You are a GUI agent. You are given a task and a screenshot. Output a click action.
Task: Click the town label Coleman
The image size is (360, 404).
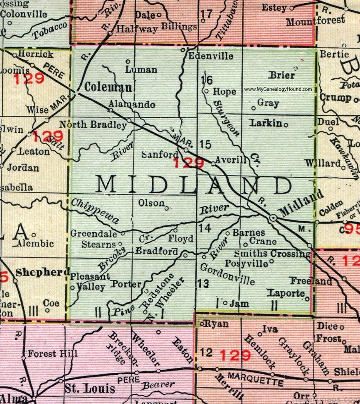[109, 87]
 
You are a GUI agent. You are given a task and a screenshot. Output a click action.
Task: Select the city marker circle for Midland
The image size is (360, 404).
[274, 218]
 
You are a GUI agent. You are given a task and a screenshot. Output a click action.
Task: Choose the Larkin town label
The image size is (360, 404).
[266, 123]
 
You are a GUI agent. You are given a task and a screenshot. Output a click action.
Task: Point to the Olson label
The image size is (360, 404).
[151, 203]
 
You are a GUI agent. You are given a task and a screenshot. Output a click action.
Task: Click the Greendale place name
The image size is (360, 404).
[93, 233]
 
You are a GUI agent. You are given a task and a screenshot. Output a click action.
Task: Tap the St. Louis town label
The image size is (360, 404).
[89, 389]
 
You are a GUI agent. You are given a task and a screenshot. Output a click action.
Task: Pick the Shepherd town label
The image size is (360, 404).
[42, 272]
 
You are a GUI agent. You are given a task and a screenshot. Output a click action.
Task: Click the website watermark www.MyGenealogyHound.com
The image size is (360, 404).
[278, 89]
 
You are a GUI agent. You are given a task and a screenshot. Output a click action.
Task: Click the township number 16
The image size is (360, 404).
[206, 80]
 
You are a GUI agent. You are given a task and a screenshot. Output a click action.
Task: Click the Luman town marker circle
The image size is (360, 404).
[128, 61]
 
